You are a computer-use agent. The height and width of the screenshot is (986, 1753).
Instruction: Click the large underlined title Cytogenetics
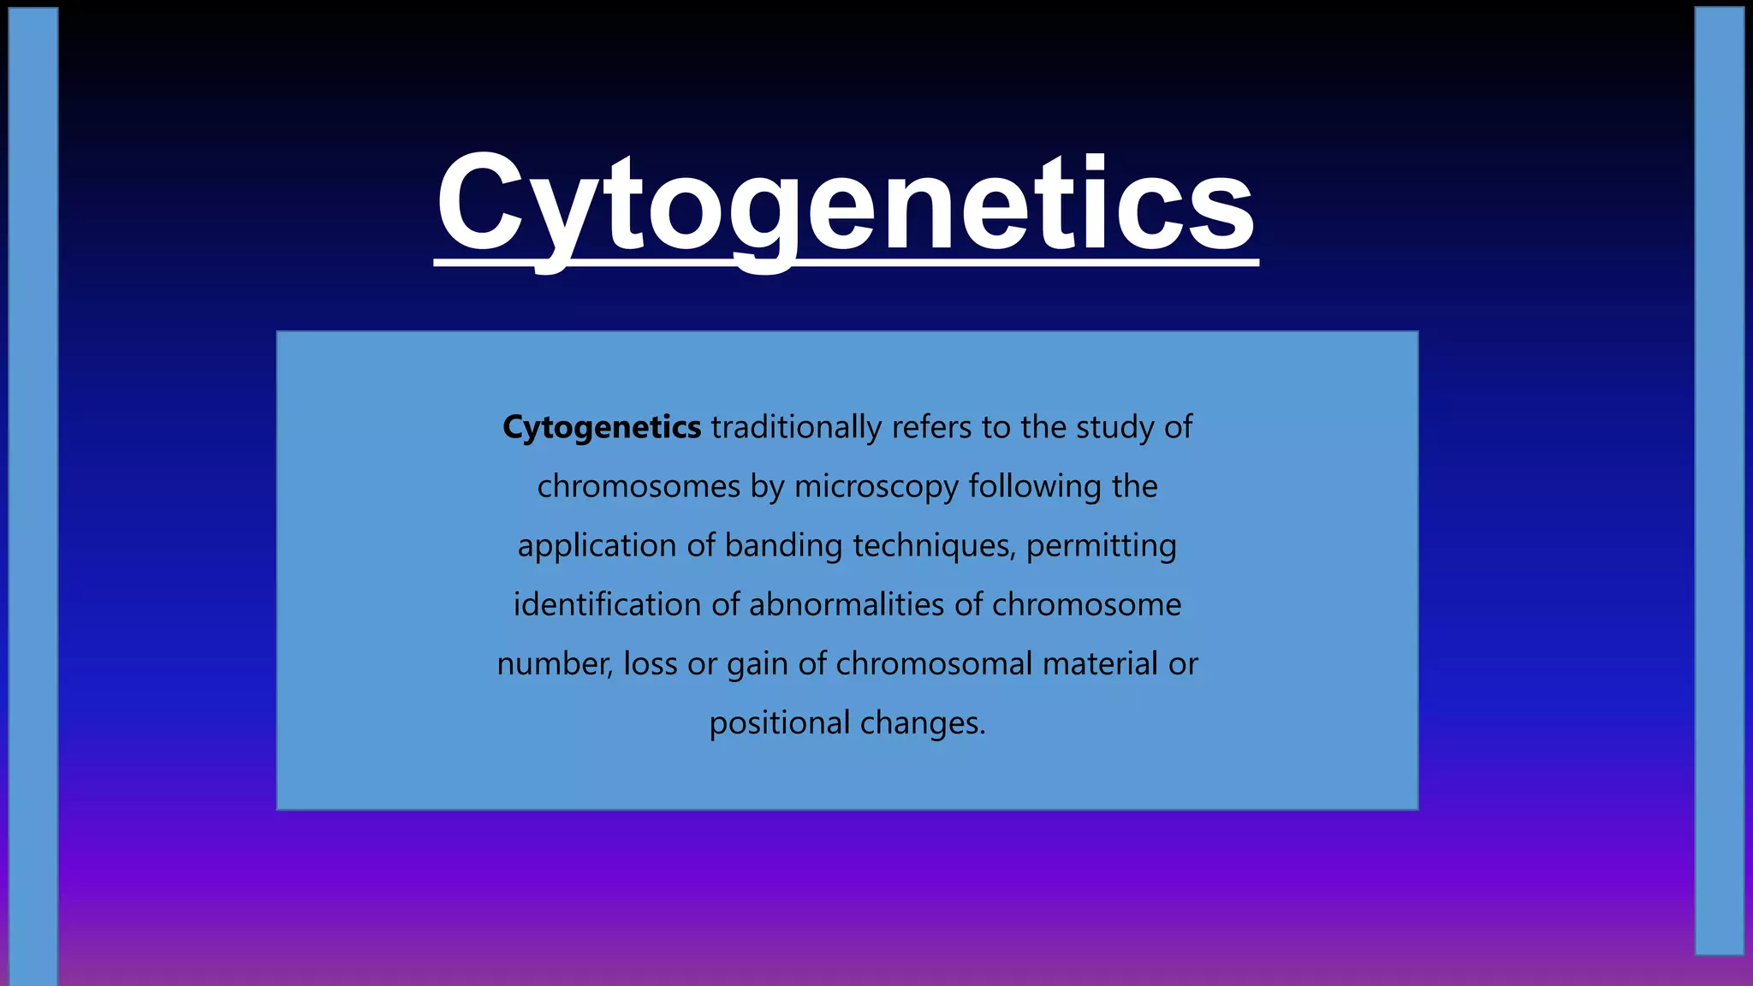(846, 205)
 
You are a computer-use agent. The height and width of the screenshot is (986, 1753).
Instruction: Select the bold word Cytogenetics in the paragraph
(601, 427)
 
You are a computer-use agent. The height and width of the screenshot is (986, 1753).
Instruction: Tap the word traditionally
(795, 427)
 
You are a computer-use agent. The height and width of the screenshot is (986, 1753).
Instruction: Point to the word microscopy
(876, 487)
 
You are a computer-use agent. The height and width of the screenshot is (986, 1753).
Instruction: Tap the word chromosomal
(934, 664)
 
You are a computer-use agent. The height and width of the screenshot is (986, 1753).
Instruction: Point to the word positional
(779, 723)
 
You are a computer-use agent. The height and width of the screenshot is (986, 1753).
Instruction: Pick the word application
(597, 545)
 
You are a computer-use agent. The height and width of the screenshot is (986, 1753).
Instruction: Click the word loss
(650, 664)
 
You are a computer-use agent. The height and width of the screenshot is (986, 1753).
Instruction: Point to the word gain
(757, 664)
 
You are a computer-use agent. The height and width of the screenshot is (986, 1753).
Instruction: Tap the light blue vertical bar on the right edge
(1719, 479)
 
